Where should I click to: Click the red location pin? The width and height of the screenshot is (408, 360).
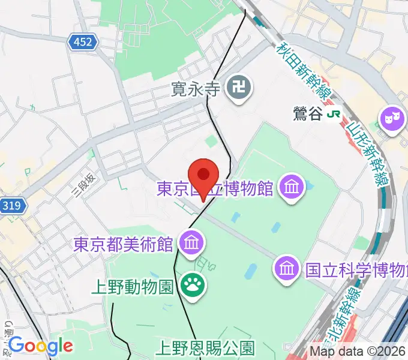203,176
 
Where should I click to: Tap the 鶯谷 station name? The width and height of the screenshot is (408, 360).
308,113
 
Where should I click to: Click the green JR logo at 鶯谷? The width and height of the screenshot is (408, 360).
335,113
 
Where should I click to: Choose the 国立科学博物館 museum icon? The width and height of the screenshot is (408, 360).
287,268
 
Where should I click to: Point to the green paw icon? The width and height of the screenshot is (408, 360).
193,284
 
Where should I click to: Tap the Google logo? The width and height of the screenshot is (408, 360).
41,346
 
